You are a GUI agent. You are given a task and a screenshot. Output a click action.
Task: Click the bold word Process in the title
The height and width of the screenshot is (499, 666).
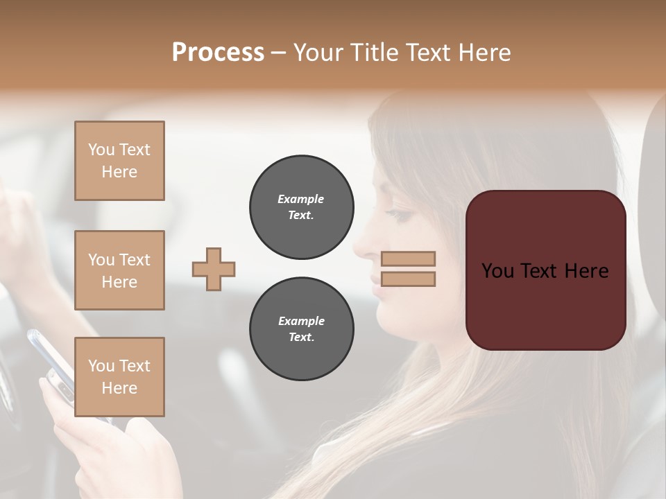click(x=218, y=53)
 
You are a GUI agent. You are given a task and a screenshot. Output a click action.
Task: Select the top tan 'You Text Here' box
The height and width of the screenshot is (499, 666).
click(x=119, y=161)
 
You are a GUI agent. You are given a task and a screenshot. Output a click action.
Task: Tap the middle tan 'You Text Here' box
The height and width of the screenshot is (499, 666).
click(x=119, y=270)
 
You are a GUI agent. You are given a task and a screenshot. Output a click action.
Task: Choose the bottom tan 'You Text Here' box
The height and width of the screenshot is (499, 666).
click(x=119, y=376)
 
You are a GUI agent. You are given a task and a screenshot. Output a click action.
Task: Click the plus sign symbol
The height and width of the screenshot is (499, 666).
click(x=214, y=269)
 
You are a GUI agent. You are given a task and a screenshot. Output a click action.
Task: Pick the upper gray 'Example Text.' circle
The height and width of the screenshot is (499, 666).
click(x=301, y=207)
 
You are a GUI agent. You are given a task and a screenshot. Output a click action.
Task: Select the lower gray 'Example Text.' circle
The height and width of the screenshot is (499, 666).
click(x=301, y=329)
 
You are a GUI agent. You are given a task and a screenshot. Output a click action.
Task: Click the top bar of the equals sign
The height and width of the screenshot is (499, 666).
click(x=409, y=259)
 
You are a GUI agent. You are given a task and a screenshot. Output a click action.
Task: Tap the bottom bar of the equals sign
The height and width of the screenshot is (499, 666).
click(x=409, y=279)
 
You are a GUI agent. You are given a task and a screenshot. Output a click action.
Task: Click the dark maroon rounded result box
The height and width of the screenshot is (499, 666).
click(x=545, y=270)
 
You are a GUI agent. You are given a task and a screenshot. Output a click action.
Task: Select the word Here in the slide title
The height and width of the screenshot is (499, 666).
click(x=485, y=53)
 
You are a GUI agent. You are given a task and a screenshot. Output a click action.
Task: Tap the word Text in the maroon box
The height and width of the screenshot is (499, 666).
click(x=543, y=270)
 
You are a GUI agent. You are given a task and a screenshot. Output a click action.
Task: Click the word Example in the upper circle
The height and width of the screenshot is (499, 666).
click(x=301, y=200)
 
